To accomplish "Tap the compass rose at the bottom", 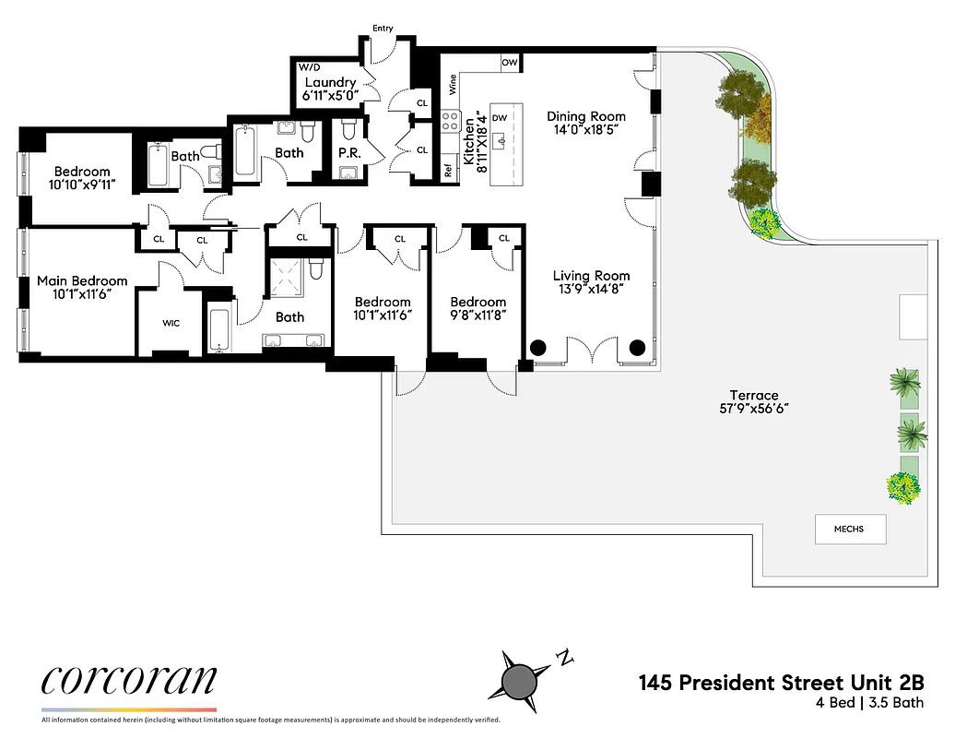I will point(521,680).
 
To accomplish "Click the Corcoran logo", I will point(129,681).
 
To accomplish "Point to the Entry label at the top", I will point(383,29).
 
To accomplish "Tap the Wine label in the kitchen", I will point(453,85).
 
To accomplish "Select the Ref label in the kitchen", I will point(449,171).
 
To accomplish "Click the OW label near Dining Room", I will point(509,63).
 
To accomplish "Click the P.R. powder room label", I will point(348,151).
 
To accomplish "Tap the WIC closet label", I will point(171,323).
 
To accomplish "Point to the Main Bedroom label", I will point(82,280).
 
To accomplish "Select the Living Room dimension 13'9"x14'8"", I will point(591,289).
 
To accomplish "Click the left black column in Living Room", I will point(537,348).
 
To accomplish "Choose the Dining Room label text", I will point(586,116).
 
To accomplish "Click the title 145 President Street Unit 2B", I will point(781,684).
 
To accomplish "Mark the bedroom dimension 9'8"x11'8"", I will point(477,315).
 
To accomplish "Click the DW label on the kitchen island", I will point(501,118).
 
